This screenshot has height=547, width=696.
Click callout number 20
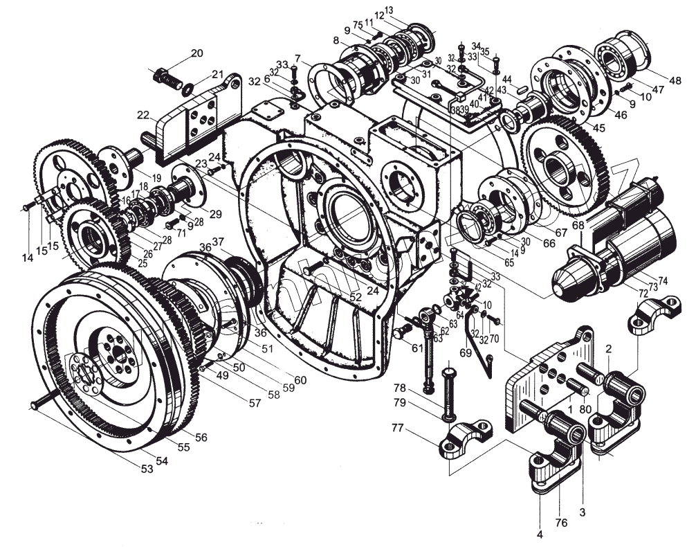tap(197, 53)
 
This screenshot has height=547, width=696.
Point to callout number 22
tap(143, 116)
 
